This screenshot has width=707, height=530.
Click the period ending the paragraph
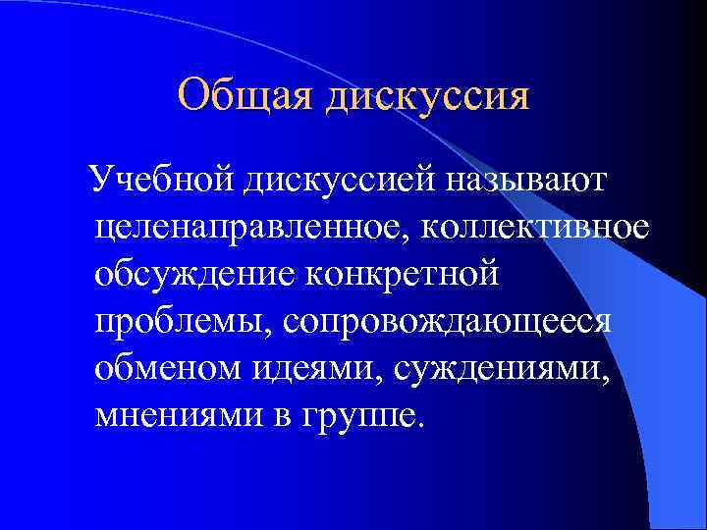pos(423,423)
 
